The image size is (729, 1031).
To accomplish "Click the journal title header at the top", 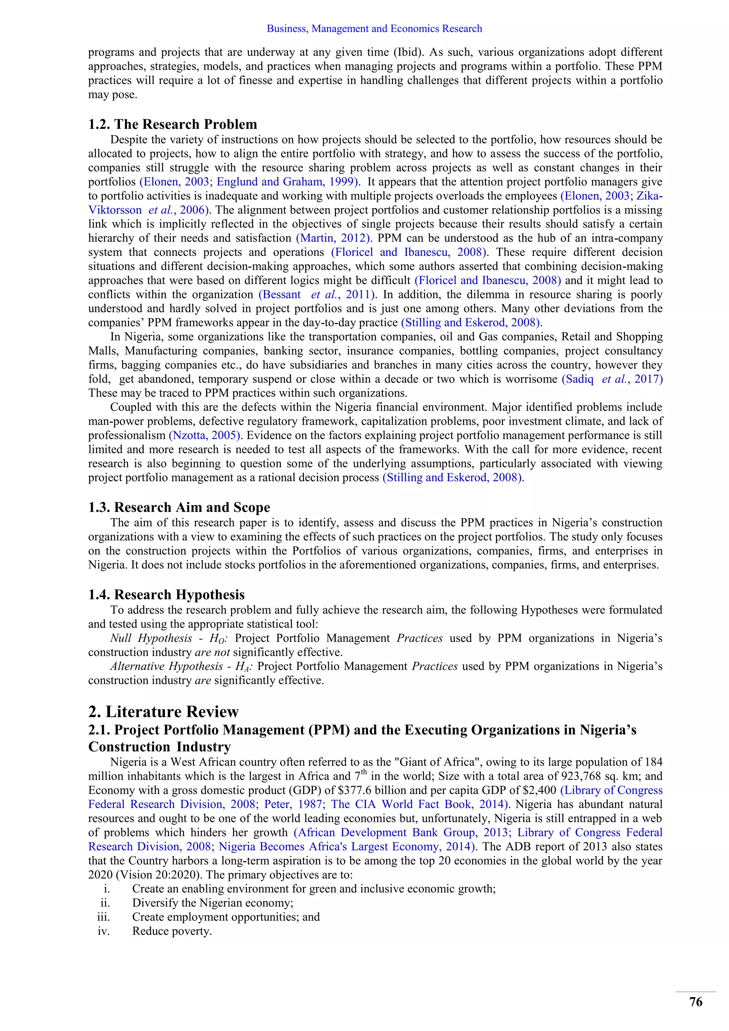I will [374, 29].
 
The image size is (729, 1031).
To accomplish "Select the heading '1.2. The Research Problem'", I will [173, 124].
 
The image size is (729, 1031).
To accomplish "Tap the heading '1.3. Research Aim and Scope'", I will [179, 507].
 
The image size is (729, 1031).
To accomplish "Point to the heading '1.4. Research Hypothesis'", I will [167, 595].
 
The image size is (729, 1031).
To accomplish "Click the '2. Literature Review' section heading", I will [163, 712].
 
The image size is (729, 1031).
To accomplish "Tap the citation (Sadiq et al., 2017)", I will [612, 379].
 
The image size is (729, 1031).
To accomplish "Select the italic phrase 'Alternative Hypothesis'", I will [167, 666].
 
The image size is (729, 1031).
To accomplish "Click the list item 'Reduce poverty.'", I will [172, 931].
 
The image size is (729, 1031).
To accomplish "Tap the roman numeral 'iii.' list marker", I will [104, 917].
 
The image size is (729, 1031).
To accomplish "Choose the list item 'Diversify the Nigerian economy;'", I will [212, 903].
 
